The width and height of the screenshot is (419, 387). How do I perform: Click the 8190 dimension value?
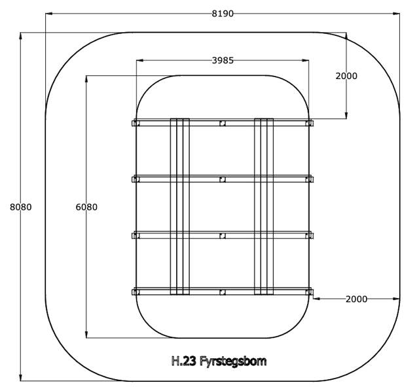click(222, 14)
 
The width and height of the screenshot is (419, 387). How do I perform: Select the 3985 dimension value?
click(222, 60)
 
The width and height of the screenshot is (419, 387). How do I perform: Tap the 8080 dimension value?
click(21, 207)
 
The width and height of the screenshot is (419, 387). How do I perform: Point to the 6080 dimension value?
click(86, 207)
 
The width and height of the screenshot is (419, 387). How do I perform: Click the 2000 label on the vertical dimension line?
click(346, 76)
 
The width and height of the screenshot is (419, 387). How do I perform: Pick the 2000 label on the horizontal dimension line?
click(356, 299)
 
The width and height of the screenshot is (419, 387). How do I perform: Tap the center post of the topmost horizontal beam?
click(223, 123)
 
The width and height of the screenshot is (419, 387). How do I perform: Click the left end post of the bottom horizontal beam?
click(136, 292)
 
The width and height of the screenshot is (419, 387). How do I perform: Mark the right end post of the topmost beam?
click(309, 123)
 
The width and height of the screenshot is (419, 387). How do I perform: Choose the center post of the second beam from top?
click(223, 179)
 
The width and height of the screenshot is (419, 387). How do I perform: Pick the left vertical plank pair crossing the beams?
click(179, 207)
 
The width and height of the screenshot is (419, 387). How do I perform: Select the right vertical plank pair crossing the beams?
click(264, 207)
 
